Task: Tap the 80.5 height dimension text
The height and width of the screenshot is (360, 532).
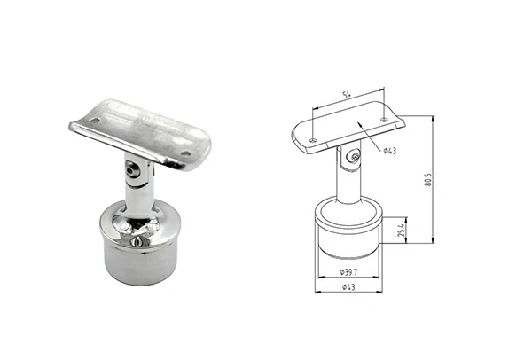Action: click(x=427, y=181)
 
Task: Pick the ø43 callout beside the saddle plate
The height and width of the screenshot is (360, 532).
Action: click(x=389, y=151)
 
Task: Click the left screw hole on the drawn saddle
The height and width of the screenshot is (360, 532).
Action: click(x=312, y=139)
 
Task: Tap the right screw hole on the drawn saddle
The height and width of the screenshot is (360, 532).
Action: click(x=384, y=120)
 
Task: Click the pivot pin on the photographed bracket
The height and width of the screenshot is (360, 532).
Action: click(x=131, y=165)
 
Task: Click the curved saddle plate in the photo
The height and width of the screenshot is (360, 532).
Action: click(x=142, y=129)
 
